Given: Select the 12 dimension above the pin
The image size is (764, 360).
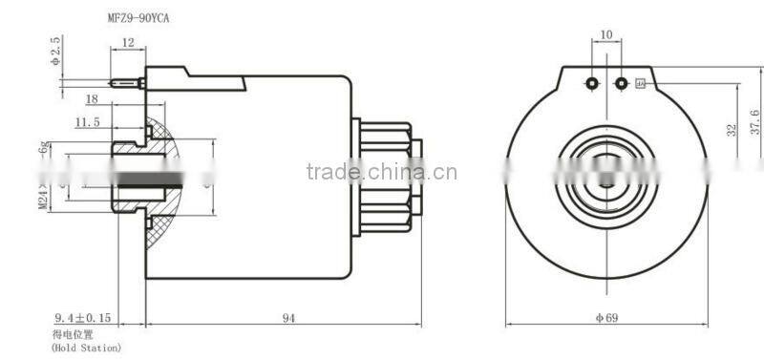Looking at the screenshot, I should pos(127,42).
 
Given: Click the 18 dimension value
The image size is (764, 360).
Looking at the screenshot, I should pos(93,98).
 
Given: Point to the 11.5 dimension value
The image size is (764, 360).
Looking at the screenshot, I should pos(88,121).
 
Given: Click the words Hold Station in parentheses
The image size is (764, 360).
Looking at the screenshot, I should pos(86,348).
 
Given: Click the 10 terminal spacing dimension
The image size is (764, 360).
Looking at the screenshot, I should pos(606,35).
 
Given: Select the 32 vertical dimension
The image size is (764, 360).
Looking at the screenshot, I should pos(731,130).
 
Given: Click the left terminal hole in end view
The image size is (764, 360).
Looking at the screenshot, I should pos(592,84).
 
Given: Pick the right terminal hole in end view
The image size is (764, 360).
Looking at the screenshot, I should pos(622,84).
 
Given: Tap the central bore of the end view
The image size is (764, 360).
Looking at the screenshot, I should pos(605,184).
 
